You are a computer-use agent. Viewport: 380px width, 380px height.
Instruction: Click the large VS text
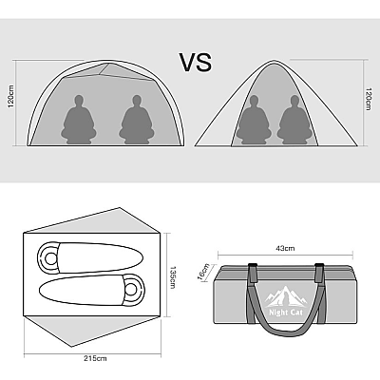coord(196,62)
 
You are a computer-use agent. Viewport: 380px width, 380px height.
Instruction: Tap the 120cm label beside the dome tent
coord(11,96)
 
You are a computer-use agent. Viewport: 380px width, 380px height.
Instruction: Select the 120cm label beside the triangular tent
coord(368,99)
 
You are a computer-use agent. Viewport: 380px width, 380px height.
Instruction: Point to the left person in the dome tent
coord(79,120)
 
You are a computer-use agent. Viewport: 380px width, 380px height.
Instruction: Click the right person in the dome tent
coord(137,120)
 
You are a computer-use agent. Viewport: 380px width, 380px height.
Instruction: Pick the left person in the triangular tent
coord(254,121)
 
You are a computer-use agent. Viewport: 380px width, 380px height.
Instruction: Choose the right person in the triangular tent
coord(294,121)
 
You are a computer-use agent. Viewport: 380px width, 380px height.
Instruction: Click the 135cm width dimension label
coord(173,277)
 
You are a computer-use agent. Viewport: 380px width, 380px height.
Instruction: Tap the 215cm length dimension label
coord(95,358)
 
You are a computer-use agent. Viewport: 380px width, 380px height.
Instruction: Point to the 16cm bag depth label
coord(203,272)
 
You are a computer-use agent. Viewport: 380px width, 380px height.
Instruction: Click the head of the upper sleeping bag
coord(49,258)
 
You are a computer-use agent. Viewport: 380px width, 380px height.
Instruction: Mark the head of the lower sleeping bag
coord(132,289)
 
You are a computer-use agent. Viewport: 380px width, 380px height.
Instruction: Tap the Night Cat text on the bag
coord(286,313)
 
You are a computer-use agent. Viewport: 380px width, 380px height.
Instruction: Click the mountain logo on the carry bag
coord(286,297)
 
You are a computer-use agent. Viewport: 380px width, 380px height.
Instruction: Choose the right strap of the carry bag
coord(319,293)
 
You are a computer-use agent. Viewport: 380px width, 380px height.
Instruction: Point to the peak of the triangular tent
coord(273,60)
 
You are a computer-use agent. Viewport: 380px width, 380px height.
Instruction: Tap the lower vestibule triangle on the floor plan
coord(92,331)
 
